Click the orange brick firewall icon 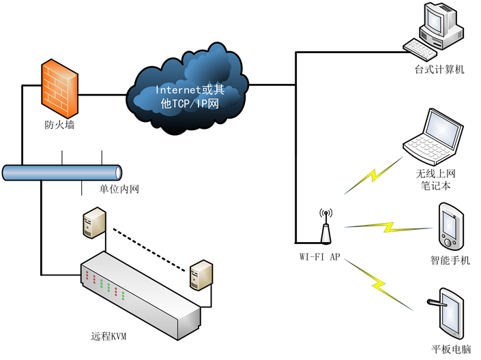[59, 89]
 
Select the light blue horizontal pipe [62, 172]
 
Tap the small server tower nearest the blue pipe [94, 222]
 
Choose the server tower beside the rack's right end [201, 275]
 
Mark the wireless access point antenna [325, 230]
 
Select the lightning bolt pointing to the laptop [373, 175]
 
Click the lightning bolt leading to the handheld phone [390, 227]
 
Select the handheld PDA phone [451, 226]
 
